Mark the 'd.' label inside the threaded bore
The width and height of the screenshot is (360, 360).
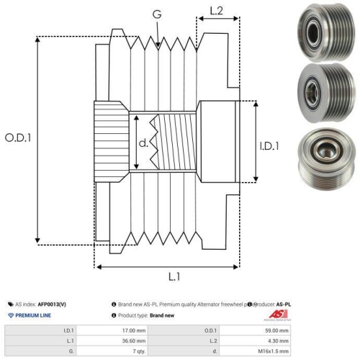click(143, 143)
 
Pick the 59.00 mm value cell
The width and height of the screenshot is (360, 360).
click(274, 330)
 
